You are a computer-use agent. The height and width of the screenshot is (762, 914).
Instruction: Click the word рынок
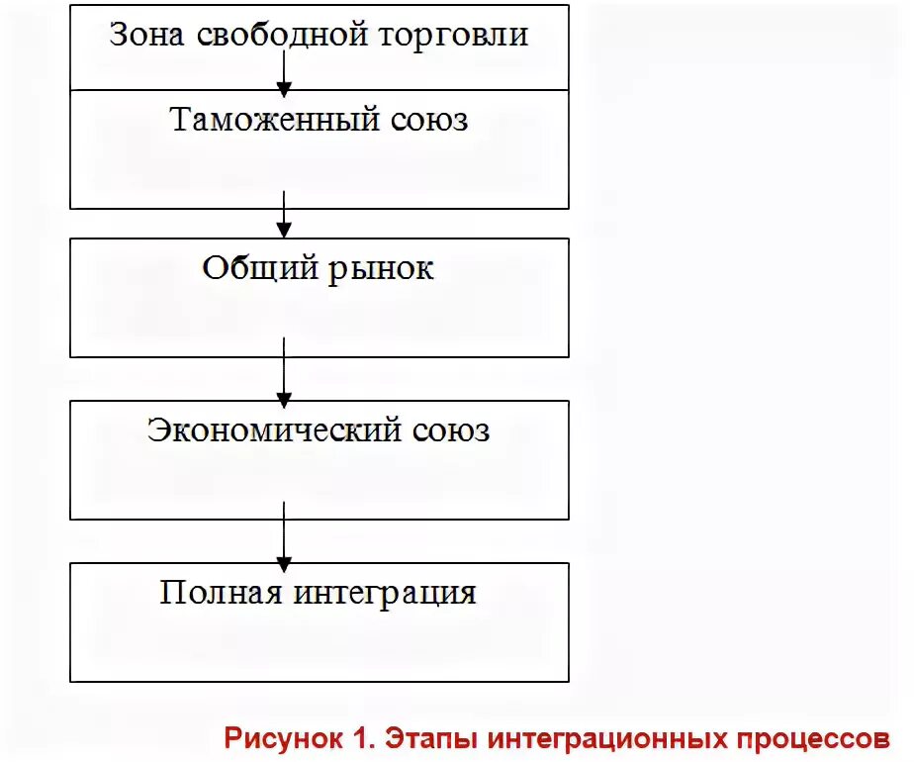[380, 268]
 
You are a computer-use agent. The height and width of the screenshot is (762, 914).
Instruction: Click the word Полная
[220, 593]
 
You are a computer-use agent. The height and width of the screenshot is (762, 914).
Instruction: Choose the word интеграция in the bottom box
[386, 593]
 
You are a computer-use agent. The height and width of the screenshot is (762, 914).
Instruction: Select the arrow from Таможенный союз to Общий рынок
[284, 215]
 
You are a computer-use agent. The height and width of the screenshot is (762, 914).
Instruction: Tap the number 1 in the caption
[356, 738]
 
